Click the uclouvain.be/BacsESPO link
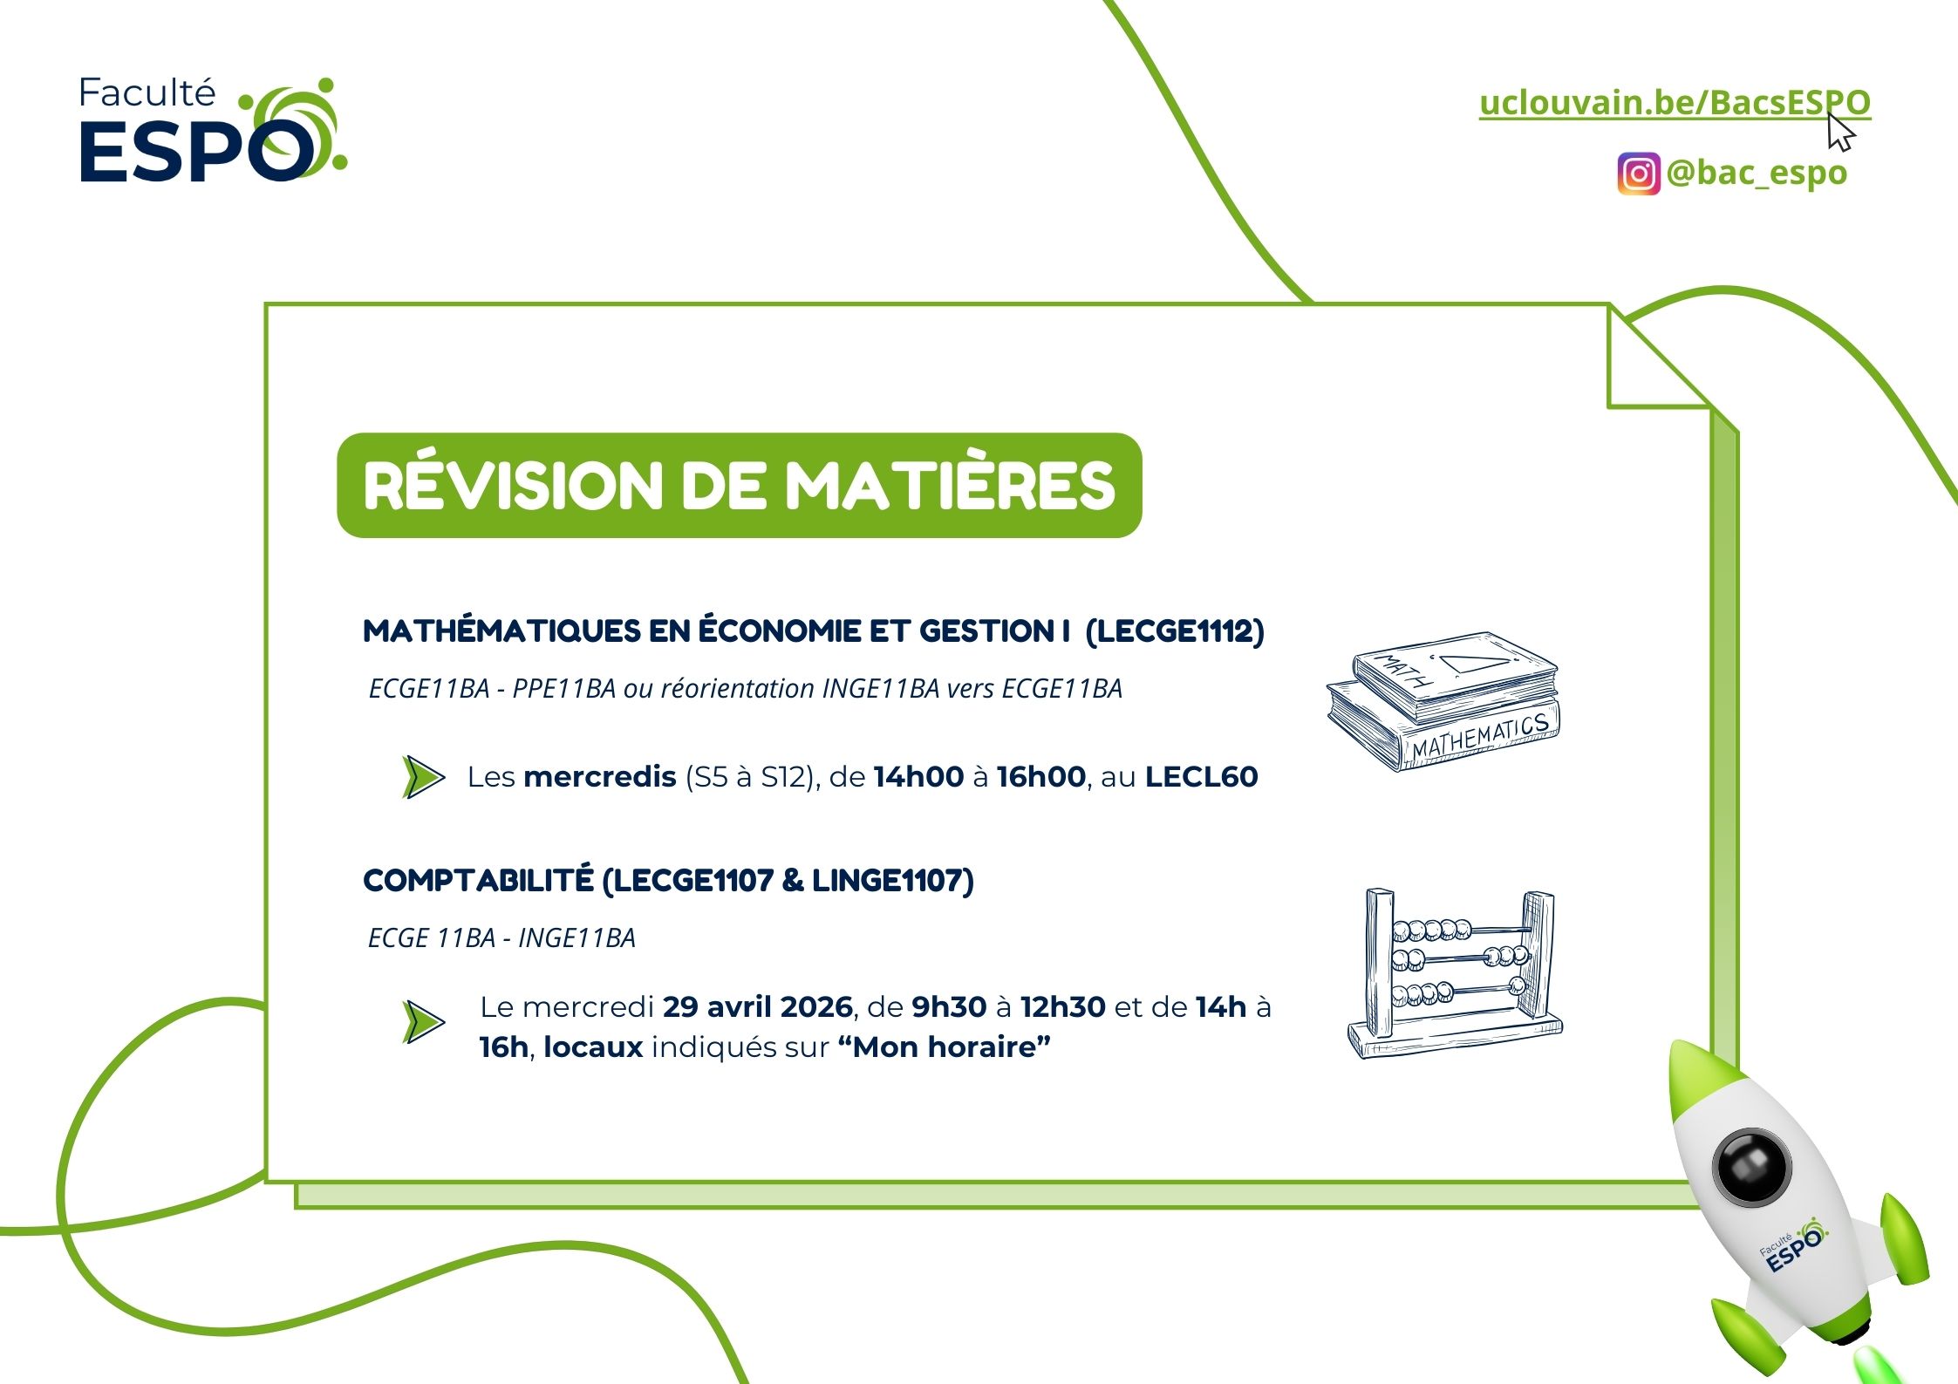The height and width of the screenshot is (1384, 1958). (1675, 103)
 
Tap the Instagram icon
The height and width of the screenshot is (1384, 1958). (1639, 174)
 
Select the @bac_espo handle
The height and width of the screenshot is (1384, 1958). (1757, 173)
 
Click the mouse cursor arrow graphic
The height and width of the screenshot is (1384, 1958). (1841, 132)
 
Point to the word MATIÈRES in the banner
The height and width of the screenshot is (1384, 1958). (951, 485)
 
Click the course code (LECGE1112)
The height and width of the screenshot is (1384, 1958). (1175, 631)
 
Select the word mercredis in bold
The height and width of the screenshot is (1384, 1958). (600, 776)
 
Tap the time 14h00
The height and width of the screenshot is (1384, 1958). (918, 776)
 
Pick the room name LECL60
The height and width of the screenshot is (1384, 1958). (1202, 776)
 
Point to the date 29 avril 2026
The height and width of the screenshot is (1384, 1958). (757, 1007)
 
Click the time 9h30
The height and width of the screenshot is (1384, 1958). (949, 1007)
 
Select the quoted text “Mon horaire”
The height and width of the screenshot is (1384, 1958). (944, 1047)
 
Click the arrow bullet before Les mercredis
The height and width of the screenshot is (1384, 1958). (424, 776)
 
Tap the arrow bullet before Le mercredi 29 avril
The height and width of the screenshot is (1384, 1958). (424, 1022)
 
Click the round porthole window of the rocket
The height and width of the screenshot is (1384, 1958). (1752, 1167)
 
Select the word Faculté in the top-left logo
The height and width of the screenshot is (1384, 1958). (147, 93)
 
